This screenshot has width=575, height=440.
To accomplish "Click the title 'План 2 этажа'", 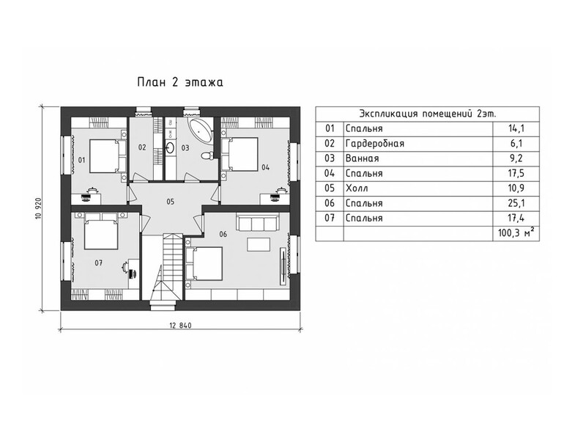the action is [180, 82].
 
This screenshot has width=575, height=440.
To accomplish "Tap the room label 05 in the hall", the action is [170, 202].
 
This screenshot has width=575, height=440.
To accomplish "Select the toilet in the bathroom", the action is [208, 155].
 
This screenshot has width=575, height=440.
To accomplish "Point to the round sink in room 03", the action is [171, 148].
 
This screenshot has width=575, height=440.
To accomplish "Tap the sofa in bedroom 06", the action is [258, 222].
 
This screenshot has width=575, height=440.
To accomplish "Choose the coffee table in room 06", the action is [259, 245].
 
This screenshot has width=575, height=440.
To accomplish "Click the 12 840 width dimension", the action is [180, 325].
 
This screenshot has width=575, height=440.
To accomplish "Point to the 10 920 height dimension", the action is [39, 208].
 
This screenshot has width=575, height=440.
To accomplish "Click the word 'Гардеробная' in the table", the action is [375, 144].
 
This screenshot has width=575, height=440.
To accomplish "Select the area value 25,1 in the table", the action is [516, 203].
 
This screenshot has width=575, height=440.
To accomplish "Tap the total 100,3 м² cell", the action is [516, 233].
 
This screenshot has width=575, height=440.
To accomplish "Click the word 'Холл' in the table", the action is [357, 188].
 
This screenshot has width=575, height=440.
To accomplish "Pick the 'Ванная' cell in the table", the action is [363, 158].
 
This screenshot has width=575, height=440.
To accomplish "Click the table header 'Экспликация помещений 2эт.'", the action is [428, 114].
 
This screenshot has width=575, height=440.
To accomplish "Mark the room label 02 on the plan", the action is [142, 147].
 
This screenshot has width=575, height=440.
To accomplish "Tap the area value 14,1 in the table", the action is [516, 128].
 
